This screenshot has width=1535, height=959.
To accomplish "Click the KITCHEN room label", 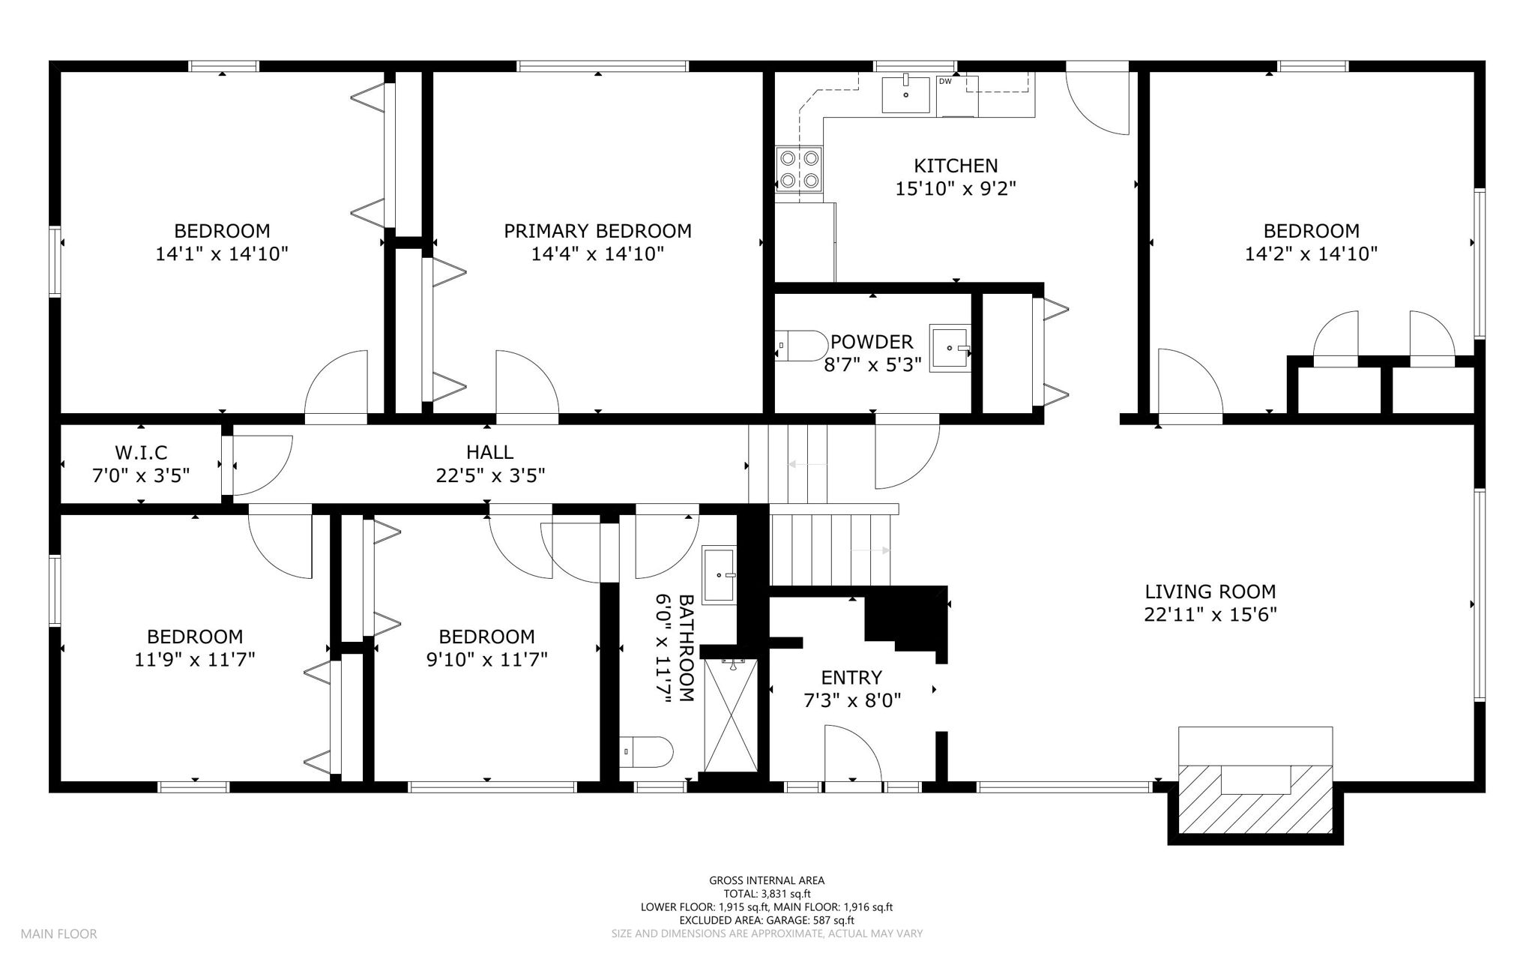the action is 956,165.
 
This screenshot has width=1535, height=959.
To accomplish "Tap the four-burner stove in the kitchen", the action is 799,169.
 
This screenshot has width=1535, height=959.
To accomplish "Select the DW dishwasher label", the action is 946,81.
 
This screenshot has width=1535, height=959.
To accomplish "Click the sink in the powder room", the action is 950,348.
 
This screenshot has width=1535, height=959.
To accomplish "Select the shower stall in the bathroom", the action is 731,715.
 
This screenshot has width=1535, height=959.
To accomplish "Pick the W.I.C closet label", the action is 141,452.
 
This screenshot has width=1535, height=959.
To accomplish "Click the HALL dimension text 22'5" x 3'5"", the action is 490,475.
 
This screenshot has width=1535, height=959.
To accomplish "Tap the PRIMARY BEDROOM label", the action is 597,231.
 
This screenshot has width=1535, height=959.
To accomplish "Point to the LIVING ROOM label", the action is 1210,592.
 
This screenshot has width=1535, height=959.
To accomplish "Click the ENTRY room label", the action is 851,678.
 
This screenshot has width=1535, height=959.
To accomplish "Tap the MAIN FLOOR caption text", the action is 58,934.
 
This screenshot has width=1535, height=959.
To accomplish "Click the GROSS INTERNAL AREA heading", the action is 767,881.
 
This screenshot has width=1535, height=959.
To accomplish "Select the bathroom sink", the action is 720,574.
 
